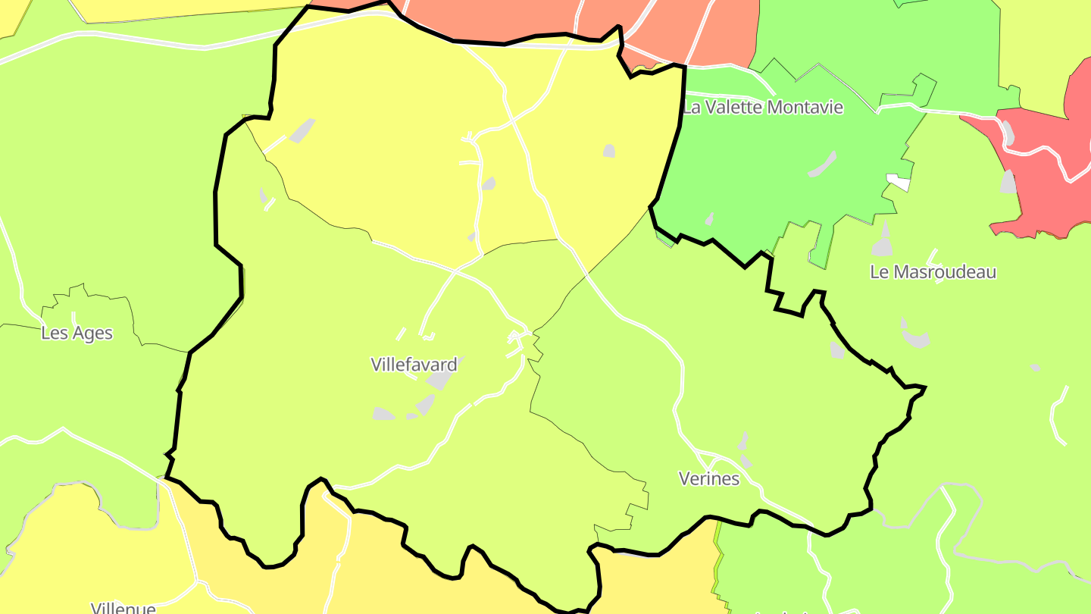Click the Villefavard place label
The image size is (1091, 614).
click(x=414, y=365)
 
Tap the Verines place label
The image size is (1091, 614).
click(x=709, y=478)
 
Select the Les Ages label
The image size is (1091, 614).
click(x=77, y=333)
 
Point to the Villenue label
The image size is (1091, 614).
click(x=123, y=608)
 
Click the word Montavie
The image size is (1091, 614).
click(x=805, y=107)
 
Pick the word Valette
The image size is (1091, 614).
click(x=734, y=107)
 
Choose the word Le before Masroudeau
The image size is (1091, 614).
click(x=877, y=271)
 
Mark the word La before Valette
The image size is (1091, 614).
click(x=691, y=107)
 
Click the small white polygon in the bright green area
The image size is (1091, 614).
click(x=899, y=182)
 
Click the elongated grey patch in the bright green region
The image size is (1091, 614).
click(x=823, y=164)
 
